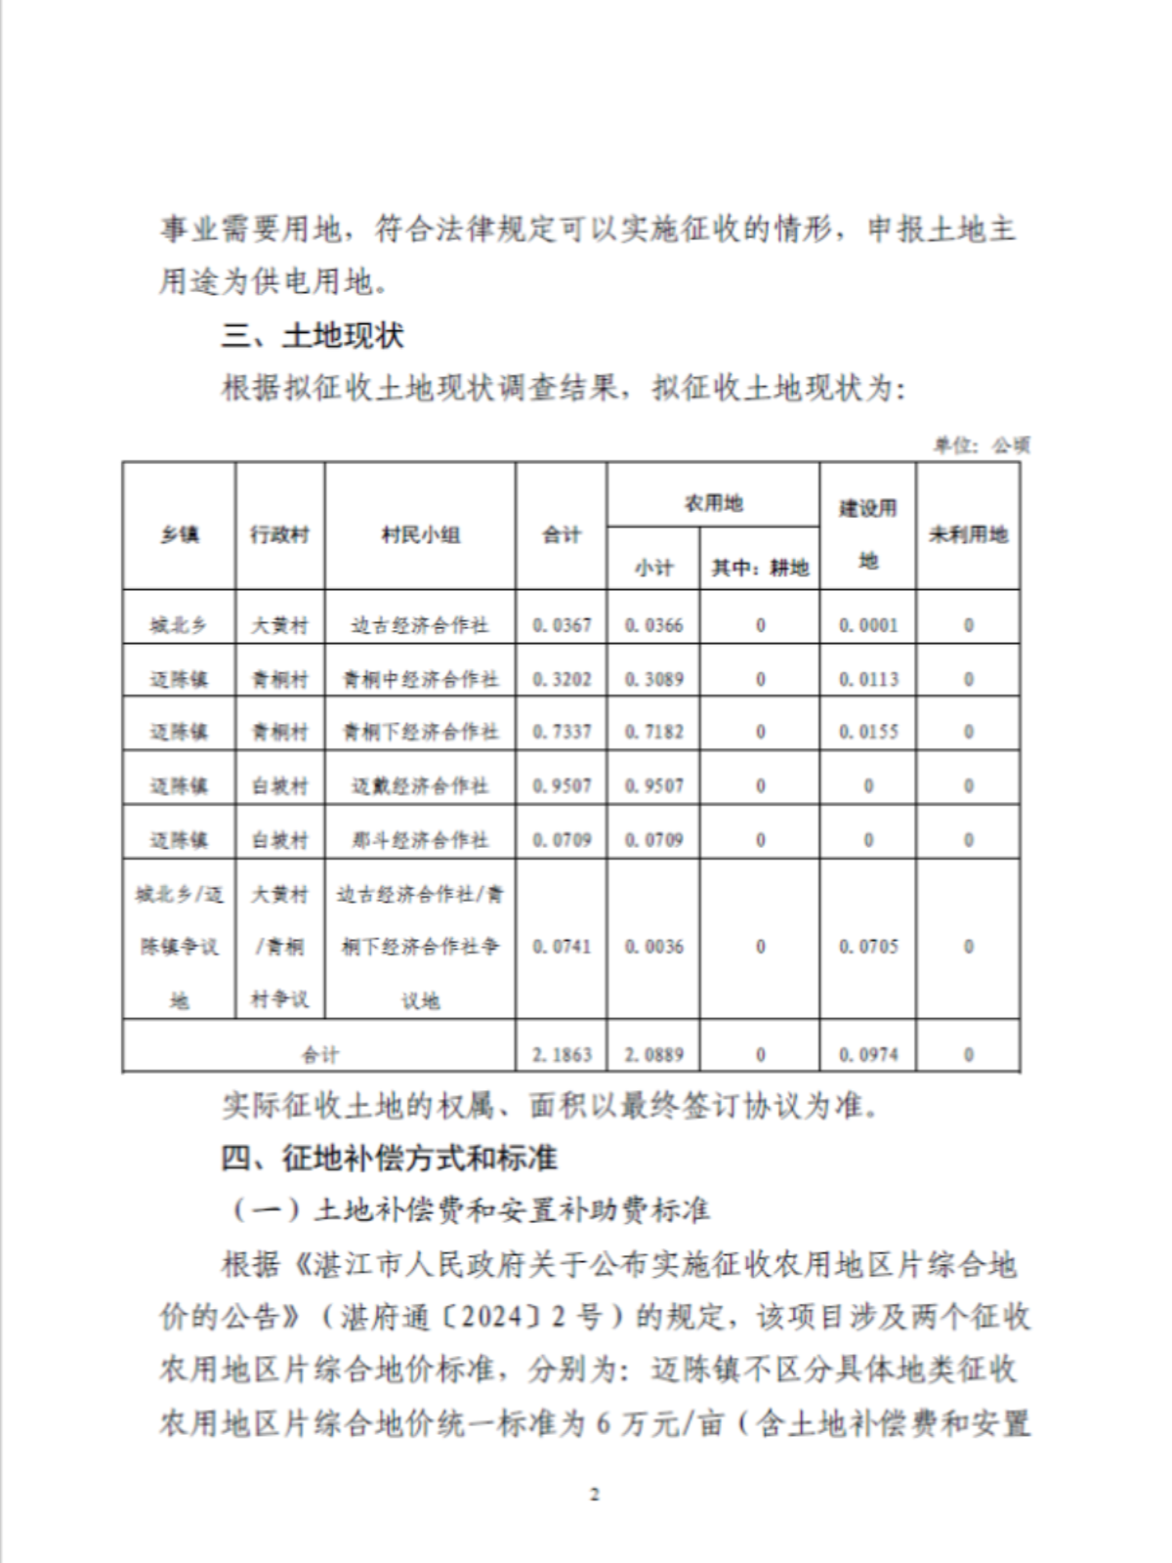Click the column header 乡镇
pyautogui.click(x=179, y=534)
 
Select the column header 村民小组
pyautogui.click(x=420, y=534)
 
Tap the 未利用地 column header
pyautogui.click(x=968, y=534)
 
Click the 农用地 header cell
pyautogui.click(x=713, y=503)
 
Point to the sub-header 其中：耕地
pyautogui.click(x=760, y=568)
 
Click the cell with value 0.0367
pyautogui.click(x=562, y=625)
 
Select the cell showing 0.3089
pyautogui.click(x=653, y=679)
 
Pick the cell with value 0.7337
pyautogui.click(x=562, y=732)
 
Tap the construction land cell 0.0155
pyautogui.click(x=868, y=732)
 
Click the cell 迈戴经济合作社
pyautogui.click(x=420, y=785)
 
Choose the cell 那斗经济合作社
pyautogui.click(x=420, y=839)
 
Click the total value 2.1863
pyautogui.click(x=562, y=1054)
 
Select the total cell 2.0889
pyautogui.click(x=653, y=1054)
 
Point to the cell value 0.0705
pyautogui.click(x=868, y=946)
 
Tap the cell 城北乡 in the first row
pyautogui.click(x=179, y=625)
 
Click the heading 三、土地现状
pyautogui.click(x=313, y=336)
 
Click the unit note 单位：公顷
pyautogui.click(x=981, y=445)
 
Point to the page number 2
pyautogui.click(x=595, y=1494)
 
